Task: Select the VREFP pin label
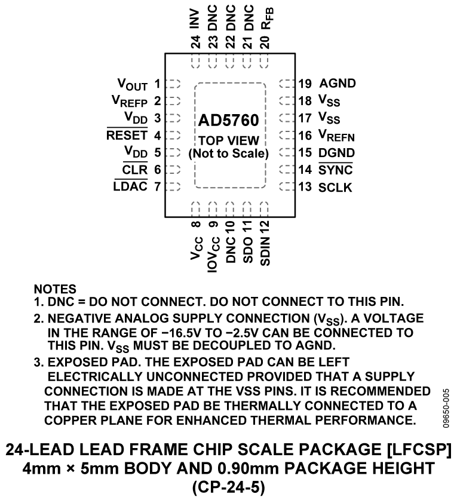click(x=128, y=102)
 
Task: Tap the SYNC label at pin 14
click(x=336, y=170)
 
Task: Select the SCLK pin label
click(x=336, y=187)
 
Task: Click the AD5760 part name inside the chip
click(x=230, y=121)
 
